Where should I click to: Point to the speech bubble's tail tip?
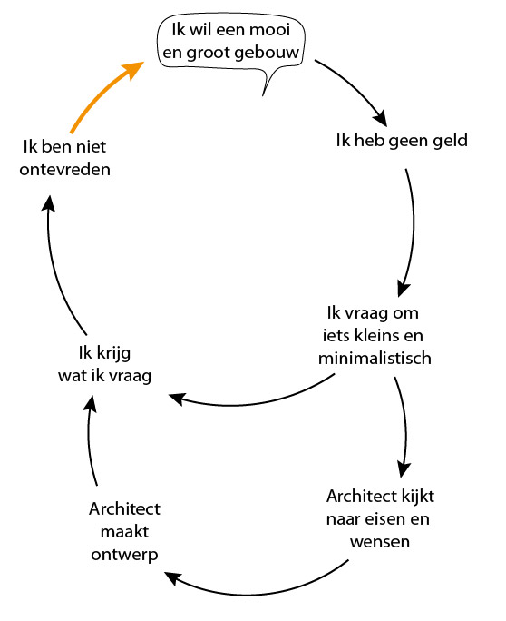[263, 95]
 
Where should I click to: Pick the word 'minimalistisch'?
[375, 358]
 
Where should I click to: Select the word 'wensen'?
[380, 542]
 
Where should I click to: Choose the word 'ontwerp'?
[124, 555]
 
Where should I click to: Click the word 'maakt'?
[124, 531]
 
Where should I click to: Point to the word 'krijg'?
[113, 353]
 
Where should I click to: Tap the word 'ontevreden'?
[65, 170]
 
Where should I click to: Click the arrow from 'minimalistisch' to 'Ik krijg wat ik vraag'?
[249, 403]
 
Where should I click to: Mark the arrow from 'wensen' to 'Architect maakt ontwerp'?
[253, 591]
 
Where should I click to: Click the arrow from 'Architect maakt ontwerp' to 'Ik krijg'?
[90, 439]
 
